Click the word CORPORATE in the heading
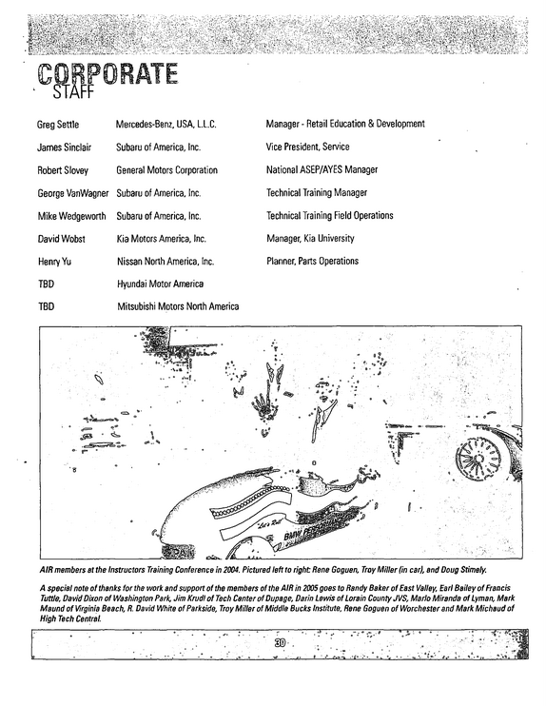(108, 74)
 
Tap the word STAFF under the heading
(73, 92)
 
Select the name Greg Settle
(58, 125)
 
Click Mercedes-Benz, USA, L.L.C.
(166, 125)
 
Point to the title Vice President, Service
(307, 147)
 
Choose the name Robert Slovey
(63, 170)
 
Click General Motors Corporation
(167, 170)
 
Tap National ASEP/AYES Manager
(322, 169)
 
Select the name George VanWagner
(73, 193)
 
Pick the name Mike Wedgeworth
(72, 216)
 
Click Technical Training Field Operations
(330, 216)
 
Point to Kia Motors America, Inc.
(162, 239)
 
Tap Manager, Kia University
(311, 238)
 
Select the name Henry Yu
(54, 262)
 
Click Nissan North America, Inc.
(166, 262)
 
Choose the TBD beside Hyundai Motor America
(46, 284)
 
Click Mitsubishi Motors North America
(178, 306)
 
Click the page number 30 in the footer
(280, 642)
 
